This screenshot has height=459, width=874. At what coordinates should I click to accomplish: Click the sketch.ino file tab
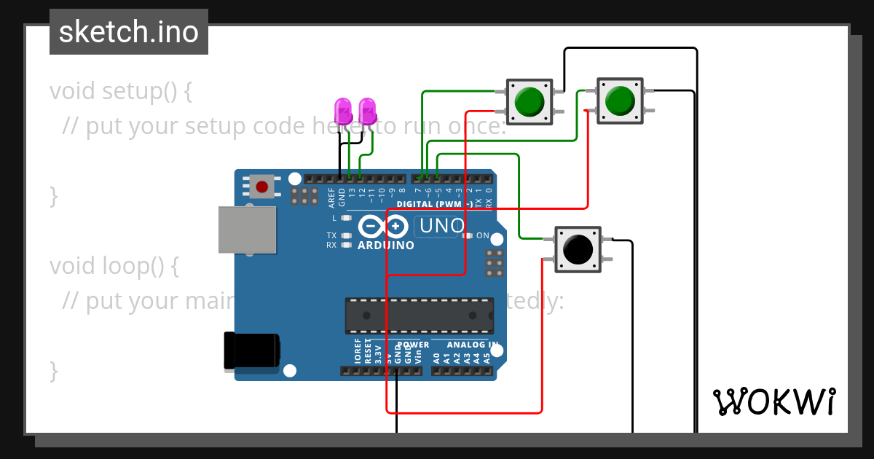click(129, 32)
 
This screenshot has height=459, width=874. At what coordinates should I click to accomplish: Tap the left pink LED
click(342, 111)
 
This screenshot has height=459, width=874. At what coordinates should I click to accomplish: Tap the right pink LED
click(369, 111)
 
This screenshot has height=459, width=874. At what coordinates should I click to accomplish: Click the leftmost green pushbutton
click(528, 101)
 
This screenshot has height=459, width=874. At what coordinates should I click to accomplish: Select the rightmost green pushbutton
click(620, 100)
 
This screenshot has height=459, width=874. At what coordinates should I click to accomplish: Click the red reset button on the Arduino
click(261, 187)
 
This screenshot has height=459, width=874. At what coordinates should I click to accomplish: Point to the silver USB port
click(247, 229)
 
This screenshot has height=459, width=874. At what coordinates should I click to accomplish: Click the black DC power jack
click(251, 350)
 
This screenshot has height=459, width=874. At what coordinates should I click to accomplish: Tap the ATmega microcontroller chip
click(419, 315)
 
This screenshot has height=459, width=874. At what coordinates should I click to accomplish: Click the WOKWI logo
click(773, 402)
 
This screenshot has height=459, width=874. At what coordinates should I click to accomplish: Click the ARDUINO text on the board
click(385, 246)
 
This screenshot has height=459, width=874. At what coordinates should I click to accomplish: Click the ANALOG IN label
click(473, 345)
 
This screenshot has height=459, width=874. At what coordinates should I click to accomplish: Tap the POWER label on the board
click(413, 345)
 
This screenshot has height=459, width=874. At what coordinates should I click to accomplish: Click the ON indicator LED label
click(482, 235)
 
